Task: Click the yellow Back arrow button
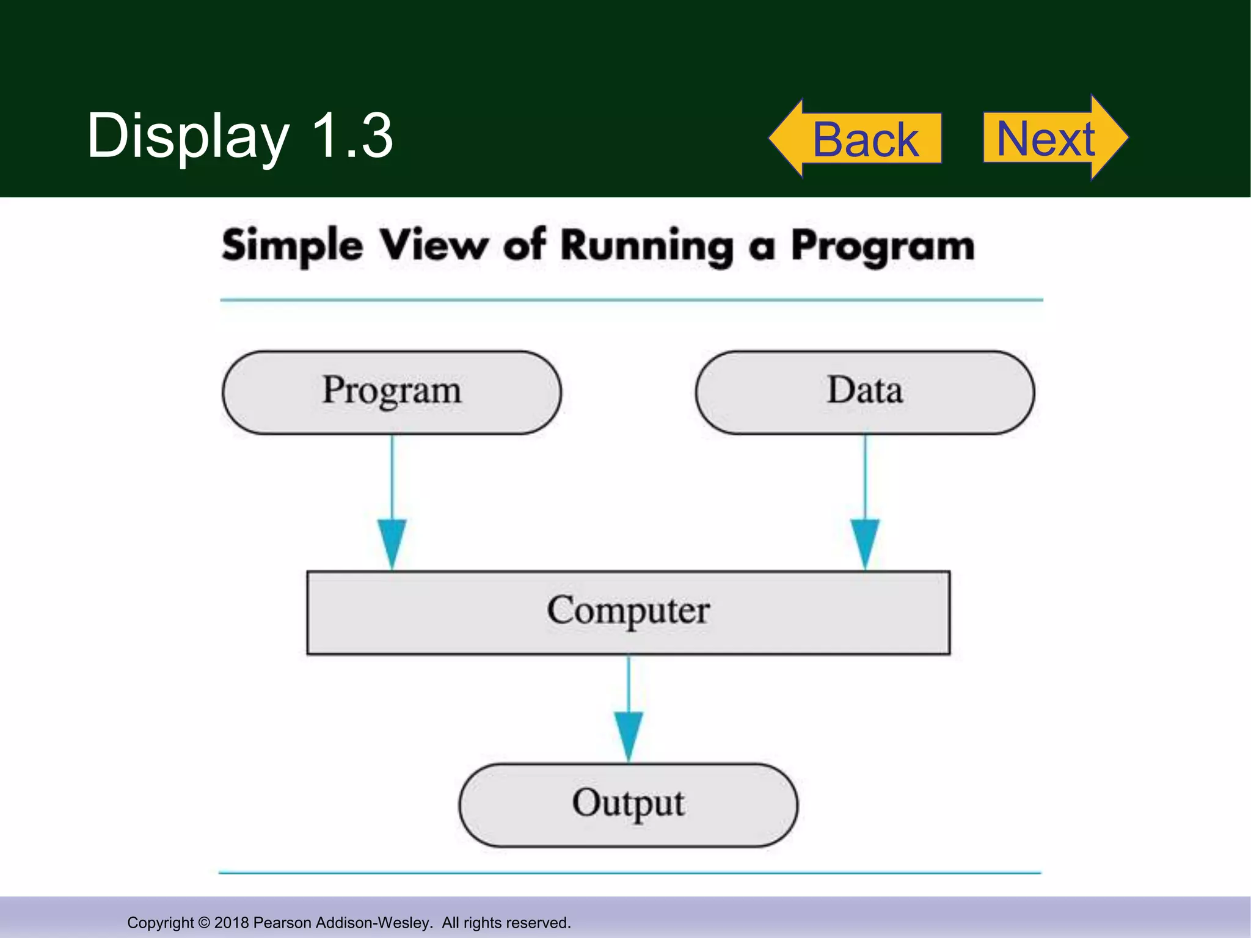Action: [x=855, y=139]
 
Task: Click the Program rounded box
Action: [x=392, y=392]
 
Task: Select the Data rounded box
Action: [x=865, y=392]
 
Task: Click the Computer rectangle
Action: [x=628, y=612]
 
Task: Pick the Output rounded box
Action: [x=628, y=804]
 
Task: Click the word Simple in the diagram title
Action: [x=292, y=246]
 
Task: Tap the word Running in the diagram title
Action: [x=647, y=246]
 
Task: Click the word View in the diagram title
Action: [x=434, y=246]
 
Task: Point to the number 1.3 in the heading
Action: [x=352, y=136]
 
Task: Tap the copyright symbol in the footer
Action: [x=204, y=922]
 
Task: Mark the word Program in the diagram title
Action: [x=883, y=246]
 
